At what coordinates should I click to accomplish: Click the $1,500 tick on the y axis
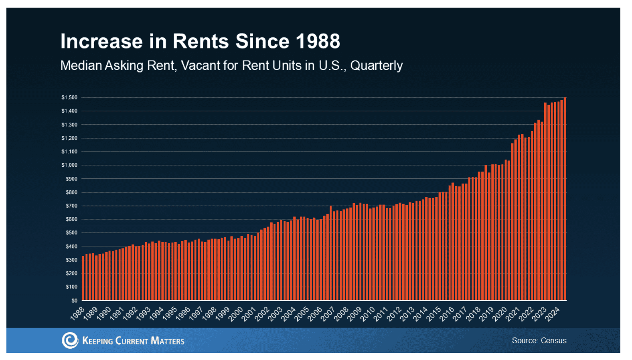pos(69,97)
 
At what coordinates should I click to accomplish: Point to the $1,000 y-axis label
pos(69,165)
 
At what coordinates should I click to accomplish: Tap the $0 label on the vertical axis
pos(74,300)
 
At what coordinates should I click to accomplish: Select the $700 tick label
pos(71,206)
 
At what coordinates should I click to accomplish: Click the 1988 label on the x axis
pos(77,313)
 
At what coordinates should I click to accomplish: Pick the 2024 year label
pos(553,313)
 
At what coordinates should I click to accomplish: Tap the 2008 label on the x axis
pos(341,313)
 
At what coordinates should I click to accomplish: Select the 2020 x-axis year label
pos(500,313)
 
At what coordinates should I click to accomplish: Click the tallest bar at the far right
pos(565,198)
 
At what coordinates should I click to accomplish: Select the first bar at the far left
pos(83,278)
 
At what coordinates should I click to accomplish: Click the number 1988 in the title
pos(318,41)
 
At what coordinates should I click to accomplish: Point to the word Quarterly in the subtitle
pos(376,66)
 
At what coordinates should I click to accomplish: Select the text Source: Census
pos(539,340)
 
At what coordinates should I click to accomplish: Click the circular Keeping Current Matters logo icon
pos(70,340)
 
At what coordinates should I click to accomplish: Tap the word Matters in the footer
pos(167,341)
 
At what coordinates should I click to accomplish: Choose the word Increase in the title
pos(101,41)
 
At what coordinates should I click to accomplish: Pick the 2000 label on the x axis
pos(236,313)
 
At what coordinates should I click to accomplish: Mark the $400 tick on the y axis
pos(71,246)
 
